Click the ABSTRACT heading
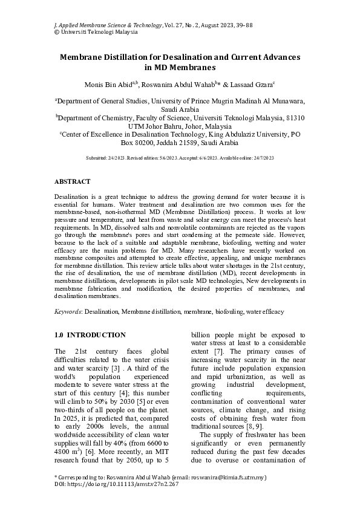tap(73, 181)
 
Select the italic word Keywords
tap(68, 311)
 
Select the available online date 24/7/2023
tap(262, 158)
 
